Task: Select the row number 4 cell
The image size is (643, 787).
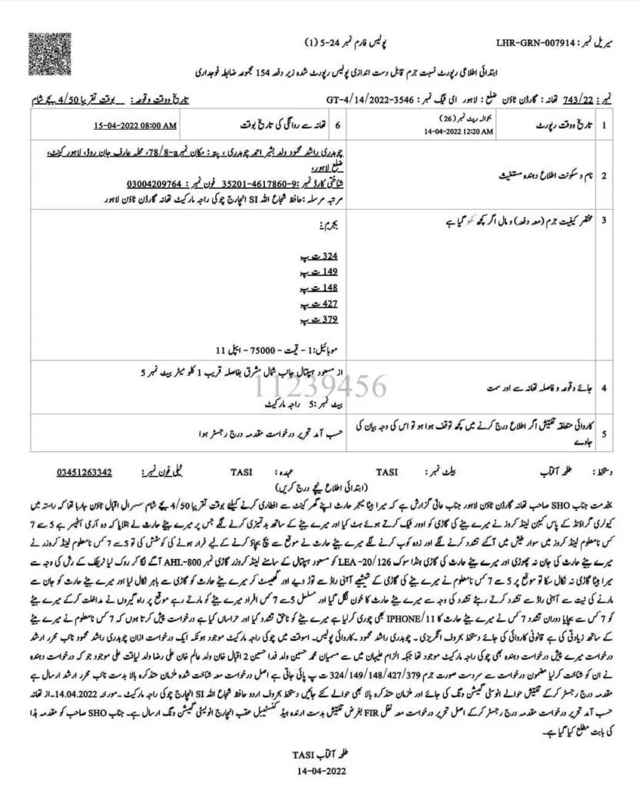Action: point(604,389)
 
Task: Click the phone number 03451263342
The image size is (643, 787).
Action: point(85,472)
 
